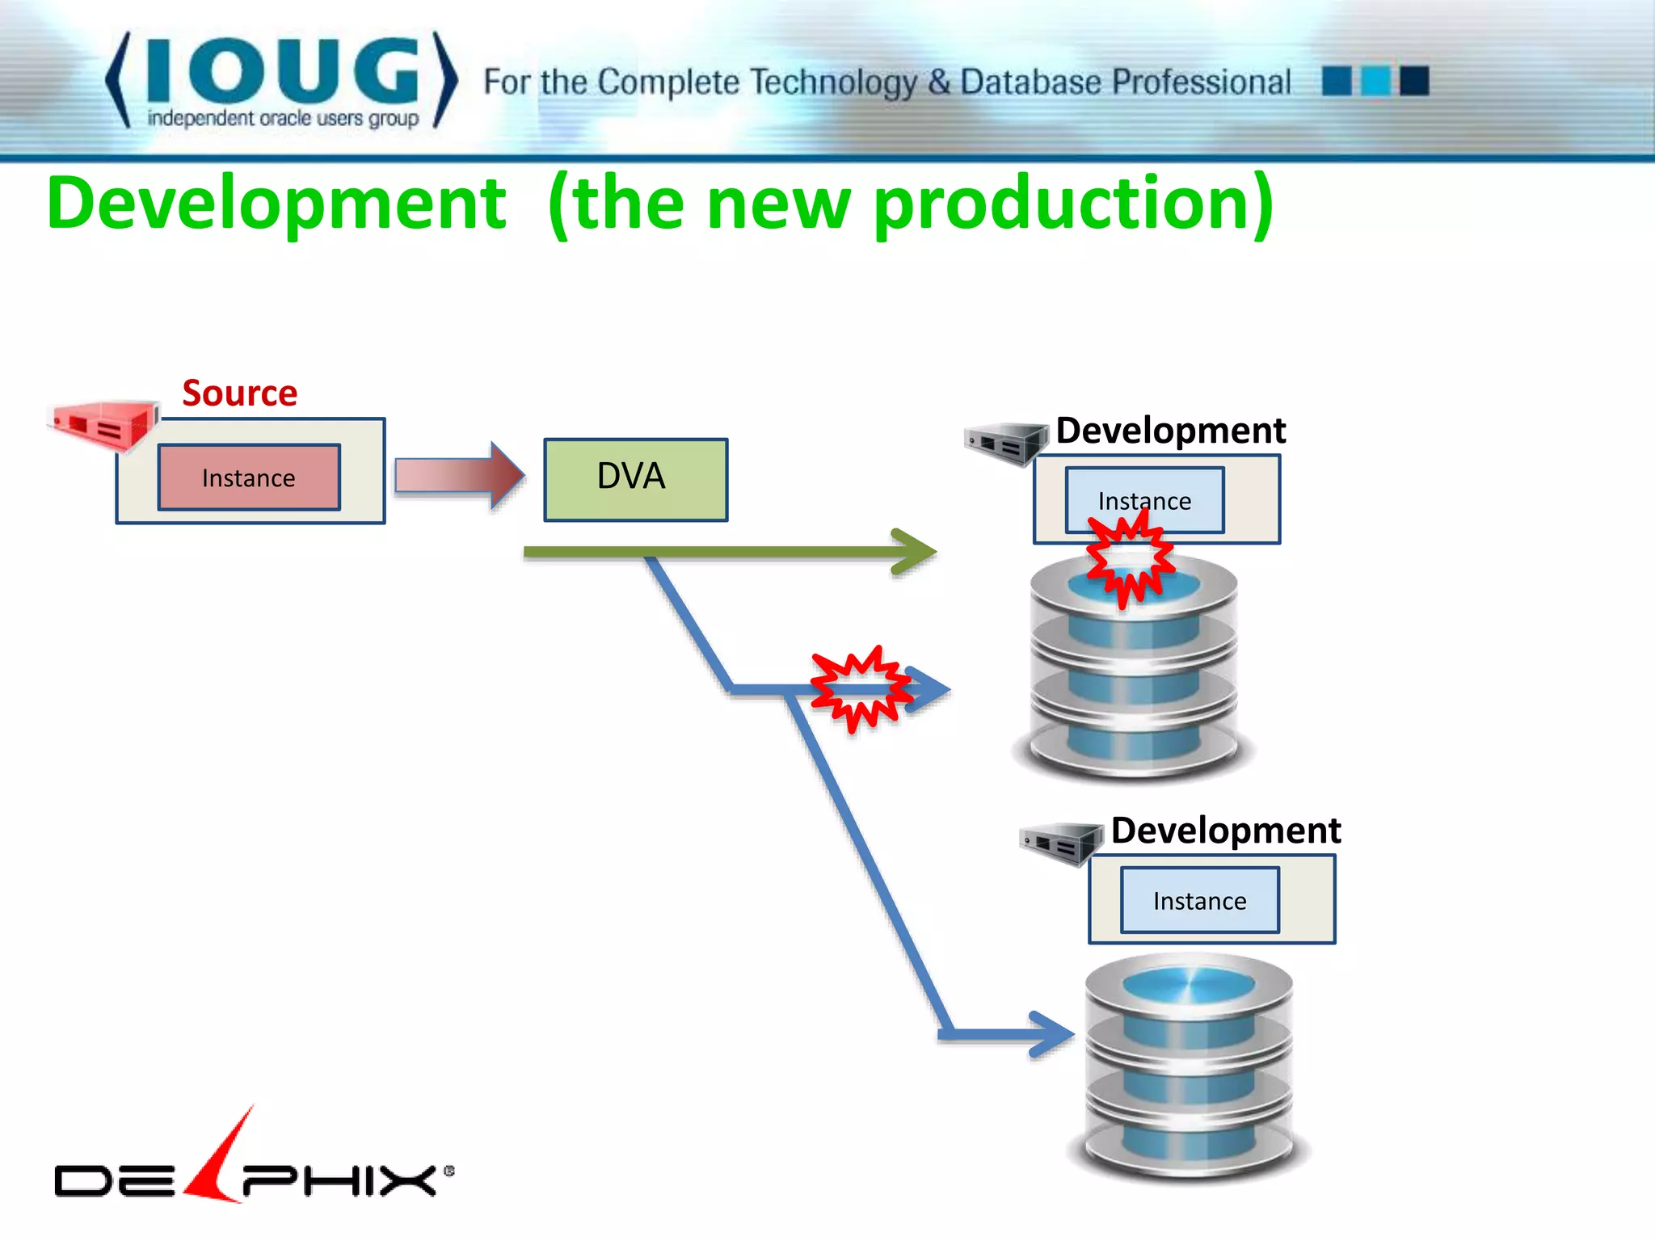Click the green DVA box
635,479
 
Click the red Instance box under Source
249,477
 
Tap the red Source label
239,393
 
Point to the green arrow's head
917,552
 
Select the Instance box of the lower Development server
1199,900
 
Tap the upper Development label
1170,431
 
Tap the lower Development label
1225,831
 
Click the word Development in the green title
276,204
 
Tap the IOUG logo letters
283,73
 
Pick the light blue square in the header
1375,81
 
